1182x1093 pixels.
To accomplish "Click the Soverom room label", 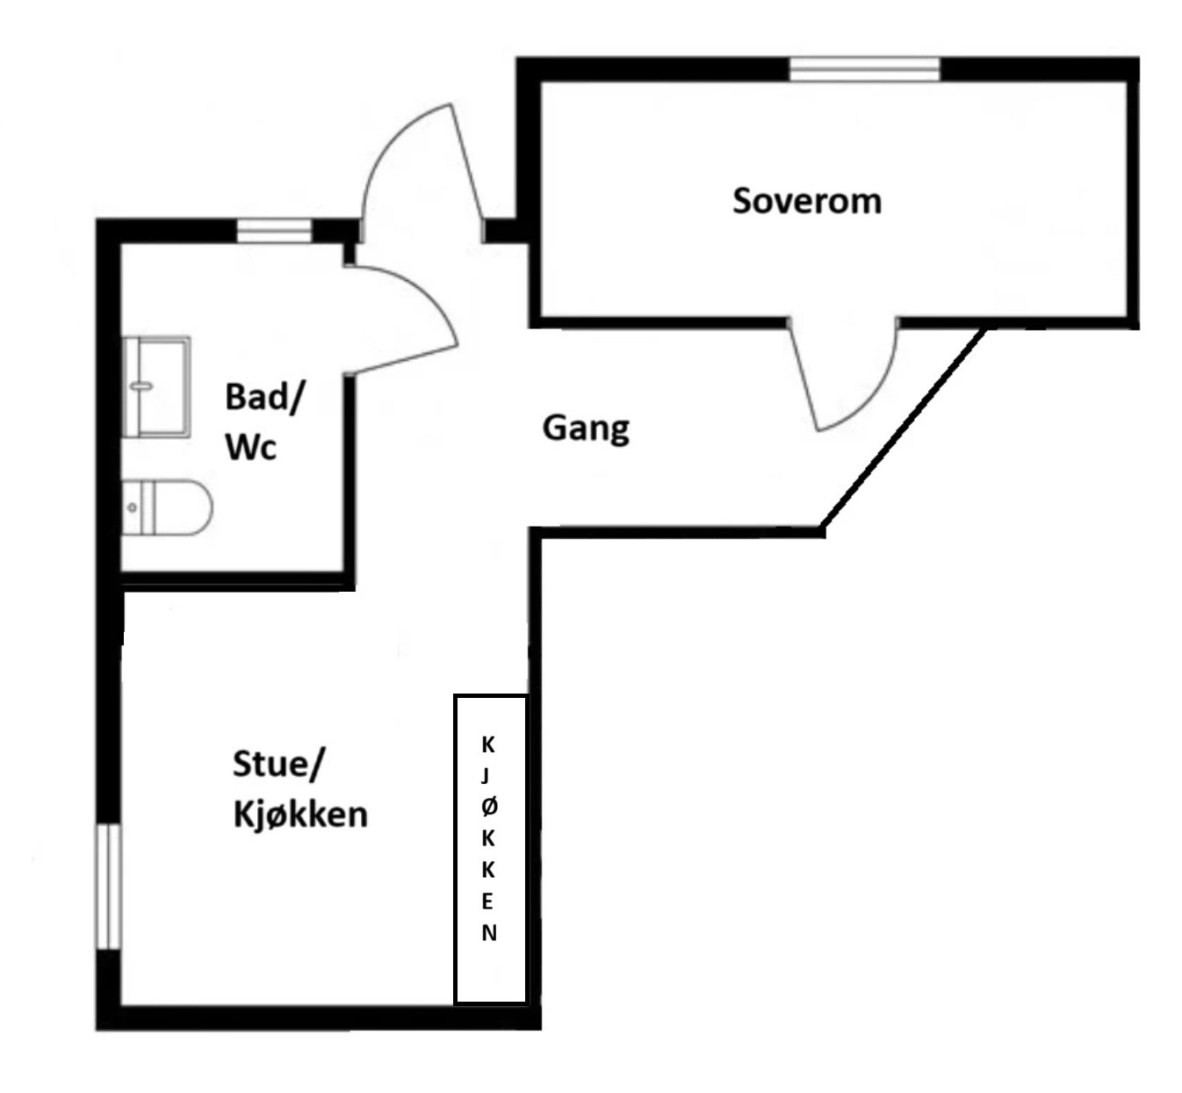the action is [807, 201].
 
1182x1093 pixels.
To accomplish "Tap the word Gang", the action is [586, 428].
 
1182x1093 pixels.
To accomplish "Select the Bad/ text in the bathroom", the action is [265, 397].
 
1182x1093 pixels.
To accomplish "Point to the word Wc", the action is [250, 447].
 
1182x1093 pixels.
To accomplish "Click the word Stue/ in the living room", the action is [278, 764].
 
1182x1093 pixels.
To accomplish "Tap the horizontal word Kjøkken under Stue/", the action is [300, 815].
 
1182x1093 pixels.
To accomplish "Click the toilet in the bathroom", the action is [167, 507].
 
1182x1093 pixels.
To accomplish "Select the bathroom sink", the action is [156, 387].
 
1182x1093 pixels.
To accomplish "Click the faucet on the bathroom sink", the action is [141, 387].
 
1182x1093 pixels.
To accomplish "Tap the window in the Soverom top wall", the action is [864, 69].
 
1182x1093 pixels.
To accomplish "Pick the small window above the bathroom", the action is [274, 231].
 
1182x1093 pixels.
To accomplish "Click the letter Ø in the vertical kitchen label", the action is [489, 808].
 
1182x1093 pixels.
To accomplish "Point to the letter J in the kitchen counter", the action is [486, 776].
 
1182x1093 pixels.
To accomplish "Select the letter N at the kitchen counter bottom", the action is [488, 933].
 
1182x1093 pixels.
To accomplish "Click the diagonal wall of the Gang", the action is [903, 428].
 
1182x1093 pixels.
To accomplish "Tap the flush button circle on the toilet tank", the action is [132, 507].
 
